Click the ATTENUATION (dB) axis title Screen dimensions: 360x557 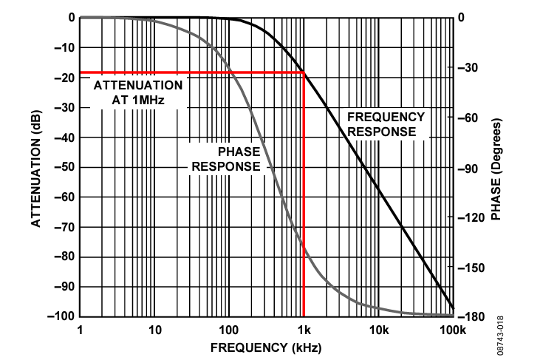pos(35,166)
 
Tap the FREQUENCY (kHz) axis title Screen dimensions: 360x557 pos(267,347)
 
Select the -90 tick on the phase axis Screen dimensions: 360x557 pos(472,168)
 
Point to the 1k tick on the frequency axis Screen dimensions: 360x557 pos(304,330)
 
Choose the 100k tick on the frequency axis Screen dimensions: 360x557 pos(451,330)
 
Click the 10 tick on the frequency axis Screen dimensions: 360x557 pos(154,330)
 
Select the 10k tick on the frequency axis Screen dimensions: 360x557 pos(378,330)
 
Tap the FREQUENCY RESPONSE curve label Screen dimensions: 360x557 pos(386,124)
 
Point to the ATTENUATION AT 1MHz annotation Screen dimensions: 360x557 pos(138,91)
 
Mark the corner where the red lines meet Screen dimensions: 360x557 pos(304,72)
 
